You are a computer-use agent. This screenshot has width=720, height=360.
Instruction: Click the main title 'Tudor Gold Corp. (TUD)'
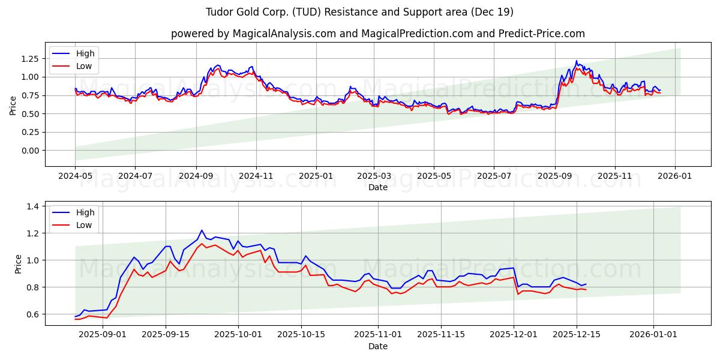point(359,12)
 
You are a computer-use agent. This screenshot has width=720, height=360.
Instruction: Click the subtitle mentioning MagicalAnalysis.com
point(377,34)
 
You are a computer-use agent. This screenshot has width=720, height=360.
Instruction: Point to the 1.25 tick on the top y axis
point(29,59)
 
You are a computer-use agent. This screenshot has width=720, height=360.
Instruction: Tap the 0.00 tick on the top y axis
point(29,151)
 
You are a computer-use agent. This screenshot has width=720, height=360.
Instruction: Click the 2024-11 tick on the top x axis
point(256,176)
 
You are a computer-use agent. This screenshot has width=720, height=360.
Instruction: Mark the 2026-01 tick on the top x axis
point(675,176)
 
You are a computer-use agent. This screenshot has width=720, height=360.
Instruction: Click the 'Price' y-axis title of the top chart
point(13,105)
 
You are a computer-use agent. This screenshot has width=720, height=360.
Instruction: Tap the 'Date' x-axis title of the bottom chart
point(377,346)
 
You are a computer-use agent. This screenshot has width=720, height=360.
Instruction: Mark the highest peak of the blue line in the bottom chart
point(202,230)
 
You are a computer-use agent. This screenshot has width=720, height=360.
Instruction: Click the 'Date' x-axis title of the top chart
point(377,187)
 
